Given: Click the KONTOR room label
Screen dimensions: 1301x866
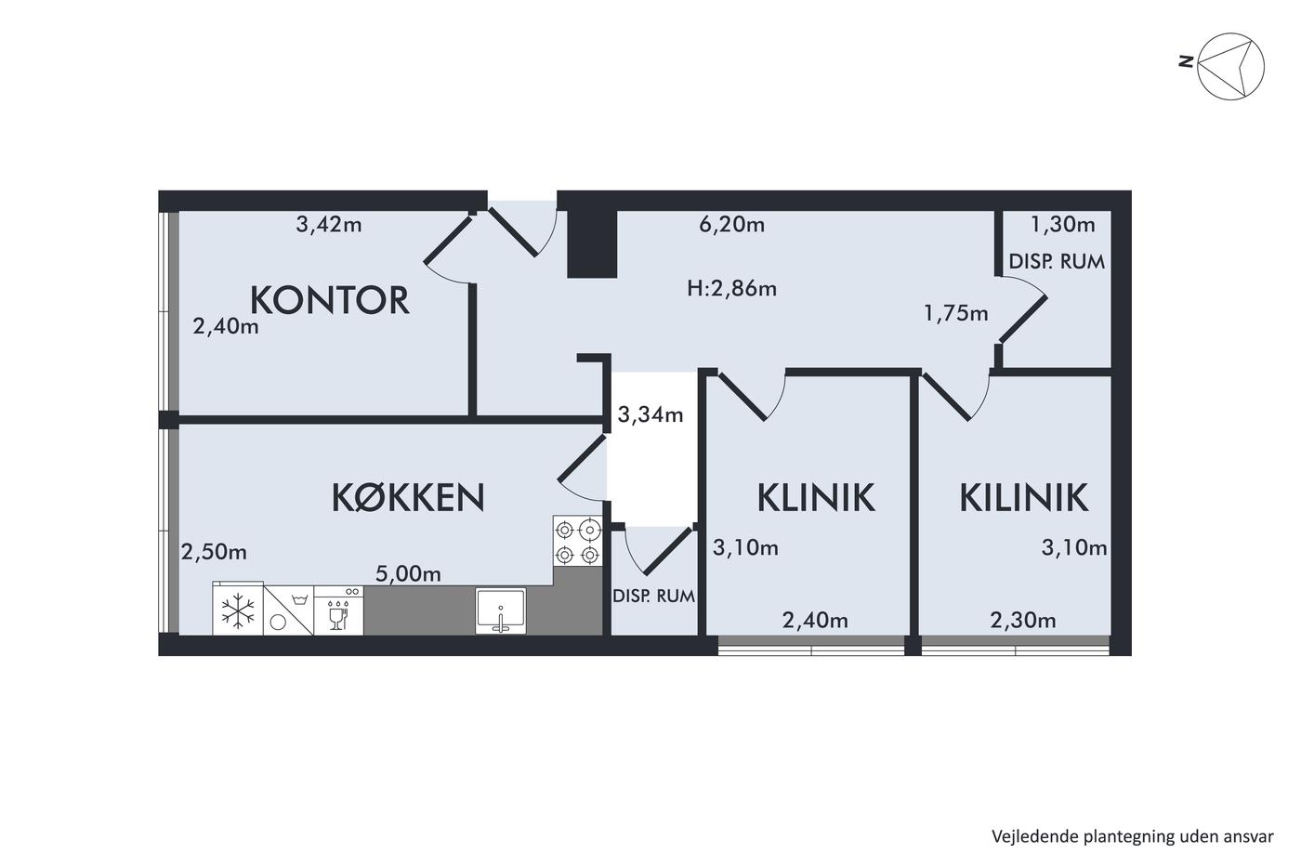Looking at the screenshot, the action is click(329, 300).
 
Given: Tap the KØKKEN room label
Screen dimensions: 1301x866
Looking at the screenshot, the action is click(408, 497).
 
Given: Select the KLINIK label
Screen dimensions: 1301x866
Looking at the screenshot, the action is click(816, 497).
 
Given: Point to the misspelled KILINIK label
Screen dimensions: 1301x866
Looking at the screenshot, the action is click(1023, 497).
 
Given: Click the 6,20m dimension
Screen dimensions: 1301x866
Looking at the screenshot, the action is click(731, 224).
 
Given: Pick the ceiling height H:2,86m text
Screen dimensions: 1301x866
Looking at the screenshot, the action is click(731, 288).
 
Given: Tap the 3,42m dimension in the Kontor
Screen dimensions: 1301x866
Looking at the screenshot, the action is click(329, 224).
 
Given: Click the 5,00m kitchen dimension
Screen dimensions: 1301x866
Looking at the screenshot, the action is click(408, 574).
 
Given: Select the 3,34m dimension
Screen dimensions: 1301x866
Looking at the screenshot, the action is click(650, 414).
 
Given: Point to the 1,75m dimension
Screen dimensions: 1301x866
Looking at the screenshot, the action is click(955, 314).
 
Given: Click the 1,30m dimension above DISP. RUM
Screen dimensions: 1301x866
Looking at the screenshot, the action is click(1062, 224).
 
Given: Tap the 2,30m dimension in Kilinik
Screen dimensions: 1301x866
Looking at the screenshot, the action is click(1022, 621).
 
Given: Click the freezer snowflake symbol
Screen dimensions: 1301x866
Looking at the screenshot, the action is click(238, 610).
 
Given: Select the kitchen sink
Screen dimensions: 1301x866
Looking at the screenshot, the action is click(500, 610).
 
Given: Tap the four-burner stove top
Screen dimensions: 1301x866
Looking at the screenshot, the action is click(577, 541).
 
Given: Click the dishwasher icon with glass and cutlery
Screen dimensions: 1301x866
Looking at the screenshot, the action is click(338, 610).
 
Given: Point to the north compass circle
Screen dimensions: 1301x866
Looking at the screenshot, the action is click(1230, 66).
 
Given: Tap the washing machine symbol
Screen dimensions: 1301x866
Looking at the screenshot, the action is click(288, 610).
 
